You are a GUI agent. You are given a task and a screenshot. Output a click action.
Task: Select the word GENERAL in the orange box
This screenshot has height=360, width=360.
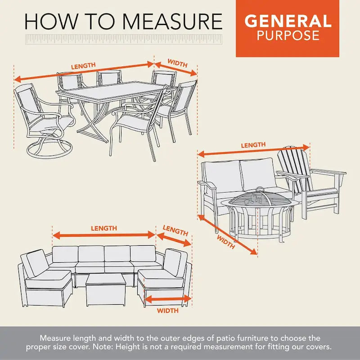pos(288,21)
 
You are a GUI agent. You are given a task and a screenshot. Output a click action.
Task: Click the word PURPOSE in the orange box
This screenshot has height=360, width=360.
pos(288,36)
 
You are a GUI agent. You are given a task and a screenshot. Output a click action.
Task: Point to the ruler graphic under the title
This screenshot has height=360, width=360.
pos(124,40)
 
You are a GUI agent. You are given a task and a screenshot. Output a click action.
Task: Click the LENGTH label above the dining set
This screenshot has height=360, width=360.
pos(83,66)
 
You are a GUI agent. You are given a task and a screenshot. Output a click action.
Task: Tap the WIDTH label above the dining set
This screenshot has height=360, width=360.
pos(177,63)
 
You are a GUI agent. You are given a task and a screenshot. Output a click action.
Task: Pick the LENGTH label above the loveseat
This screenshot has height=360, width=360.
pos(253,145)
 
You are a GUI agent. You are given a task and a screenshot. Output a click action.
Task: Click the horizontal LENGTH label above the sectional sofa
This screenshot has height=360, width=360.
pos(104,228)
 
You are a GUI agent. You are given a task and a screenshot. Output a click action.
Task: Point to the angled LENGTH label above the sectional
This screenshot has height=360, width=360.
pos(175,231)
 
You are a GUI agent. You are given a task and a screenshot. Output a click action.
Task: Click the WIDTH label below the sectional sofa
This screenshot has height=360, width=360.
pos(167,310)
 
